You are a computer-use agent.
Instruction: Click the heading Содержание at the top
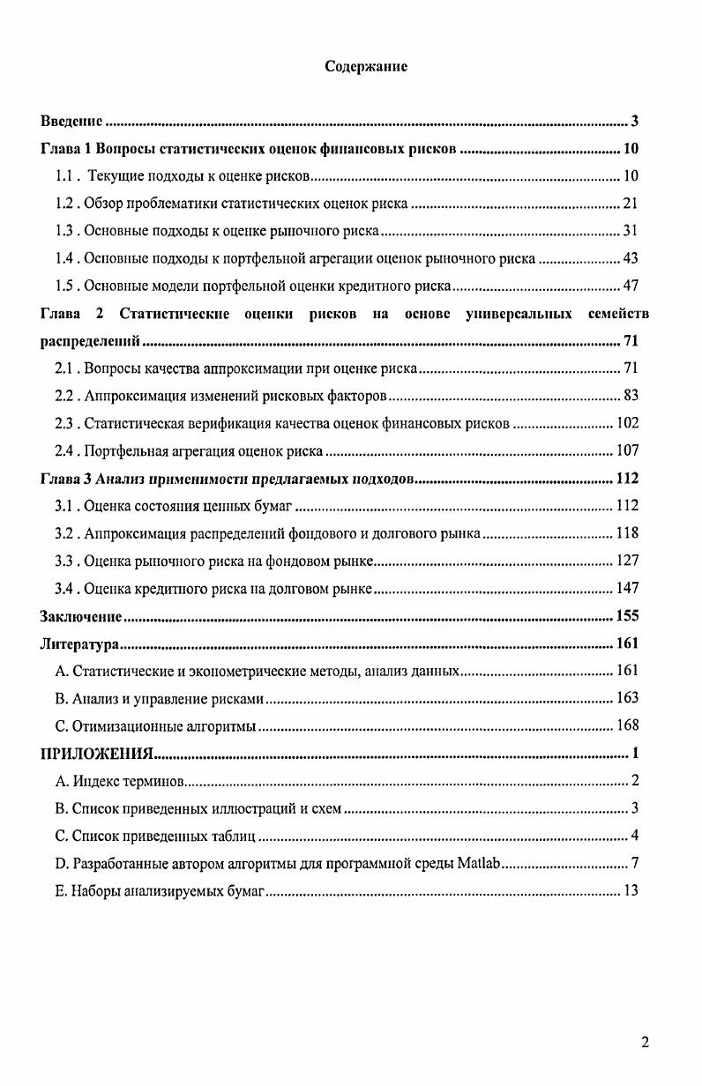366,66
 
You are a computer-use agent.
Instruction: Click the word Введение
72,121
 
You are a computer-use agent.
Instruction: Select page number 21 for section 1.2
630,204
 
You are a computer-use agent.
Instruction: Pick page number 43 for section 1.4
630,258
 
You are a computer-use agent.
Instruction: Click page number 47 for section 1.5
630,286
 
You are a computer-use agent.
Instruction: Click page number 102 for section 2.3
627,423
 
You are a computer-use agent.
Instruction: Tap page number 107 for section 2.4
627,450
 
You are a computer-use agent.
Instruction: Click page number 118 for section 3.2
627,533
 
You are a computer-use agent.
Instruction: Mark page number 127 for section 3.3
627,561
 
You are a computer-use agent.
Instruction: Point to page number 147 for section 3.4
627,588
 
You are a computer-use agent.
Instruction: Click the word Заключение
81,616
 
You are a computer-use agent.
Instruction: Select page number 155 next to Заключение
626,616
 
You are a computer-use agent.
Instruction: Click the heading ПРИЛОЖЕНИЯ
97,753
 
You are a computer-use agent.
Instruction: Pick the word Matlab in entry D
479,863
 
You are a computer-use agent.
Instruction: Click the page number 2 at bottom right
645,1043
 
